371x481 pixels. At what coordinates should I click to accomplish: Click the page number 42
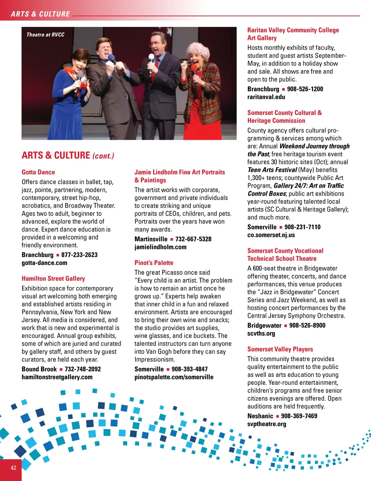(x=13, y=468)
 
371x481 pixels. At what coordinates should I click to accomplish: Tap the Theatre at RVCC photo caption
(x=45, y=35)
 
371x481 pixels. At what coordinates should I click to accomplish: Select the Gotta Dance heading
(x=38, y=172)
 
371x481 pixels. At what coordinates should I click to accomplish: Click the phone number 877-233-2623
(x=79, y=255)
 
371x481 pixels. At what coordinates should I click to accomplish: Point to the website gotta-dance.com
(x=44, y=263)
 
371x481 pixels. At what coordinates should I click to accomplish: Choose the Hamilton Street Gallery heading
(x=53, y=278)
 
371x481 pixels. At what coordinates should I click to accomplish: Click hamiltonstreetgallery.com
(x=57, y=377)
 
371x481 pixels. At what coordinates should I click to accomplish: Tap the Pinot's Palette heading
(x=154, y=262)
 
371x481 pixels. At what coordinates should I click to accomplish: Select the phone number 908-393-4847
(x=189, y=369)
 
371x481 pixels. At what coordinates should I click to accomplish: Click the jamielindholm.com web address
(x=160, y=247)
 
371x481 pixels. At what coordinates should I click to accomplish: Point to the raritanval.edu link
(x=266, y=97)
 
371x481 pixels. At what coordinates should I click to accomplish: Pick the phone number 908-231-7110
(x=303, y=227)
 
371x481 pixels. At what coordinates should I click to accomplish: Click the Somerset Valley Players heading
(x=280, y=349)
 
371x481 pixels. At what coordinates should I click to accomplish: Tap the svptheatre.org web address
(x=267, y=424)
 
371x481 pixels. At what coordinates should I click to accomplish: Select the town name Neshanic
(x=260, y=416)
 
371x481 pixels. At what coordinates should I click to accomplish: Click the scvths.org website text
(x=261, y=333)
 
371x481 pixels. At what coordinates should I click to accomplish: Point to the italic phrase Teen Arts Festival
(x=272, y=170)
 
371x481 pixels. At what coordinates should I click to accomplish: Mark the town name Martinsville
(x=151, y=239)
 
